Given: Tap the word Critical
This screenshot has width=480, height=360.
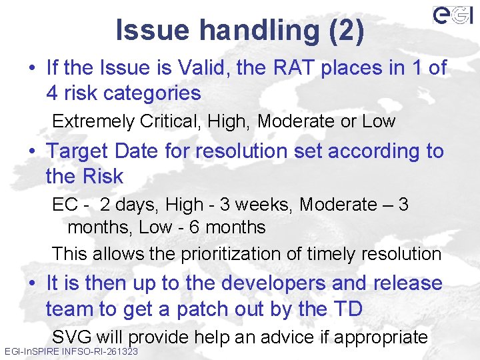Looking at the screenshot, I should [x=169, y=121].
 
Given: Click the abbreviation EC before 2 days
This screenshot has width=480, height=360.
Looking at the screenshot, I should [x=65, y=205].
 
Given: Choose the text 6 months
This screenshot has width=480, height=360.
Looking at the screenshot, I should [x=227, y=227].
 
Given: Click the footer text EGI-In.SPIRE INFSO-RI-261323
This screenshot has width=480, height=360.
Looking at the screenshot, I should [x=71, y=351].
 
